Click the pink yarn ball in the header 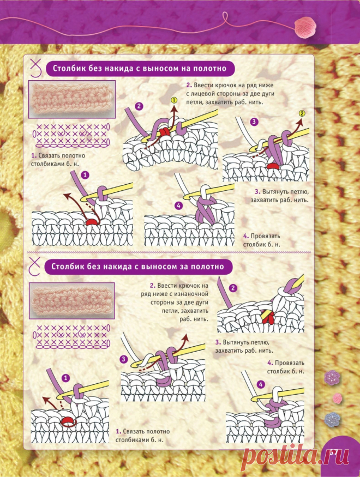pos(307,27)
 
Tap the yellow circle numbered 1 pos(174,100)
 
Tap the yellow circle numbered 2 pos(302,113)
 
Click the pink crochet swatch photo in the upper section pos(72,99)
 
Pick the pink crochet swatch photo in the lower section pos(72,300)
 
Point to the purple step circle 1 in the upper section pos(86,175)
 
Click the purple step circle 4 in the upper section pos(178,206)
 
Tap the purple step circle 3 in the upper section pos(254,122)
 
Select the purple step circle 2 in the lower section pos(233,288)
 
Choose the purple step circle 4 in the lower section pos(261,384)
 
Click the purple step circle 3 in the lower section pos(123,359)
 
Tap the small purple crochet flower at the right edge pos(332,378)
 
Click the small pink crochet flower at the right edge pos(337,398)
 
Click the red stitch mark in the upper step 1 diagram pos(91,222)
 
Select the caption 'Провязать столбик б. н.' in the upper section pos(262,240)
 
